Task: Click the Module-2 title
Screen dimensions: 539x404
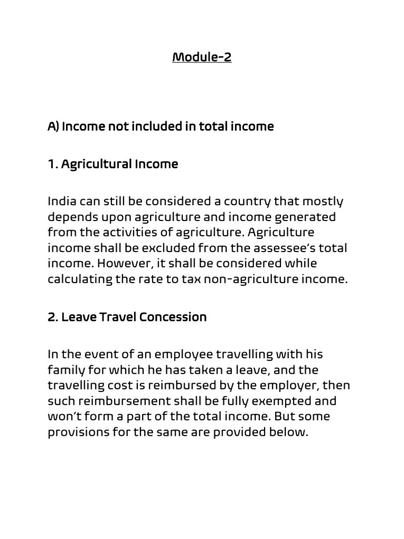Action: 202,56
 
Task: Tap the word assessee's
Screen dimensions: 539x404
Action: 284,248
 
